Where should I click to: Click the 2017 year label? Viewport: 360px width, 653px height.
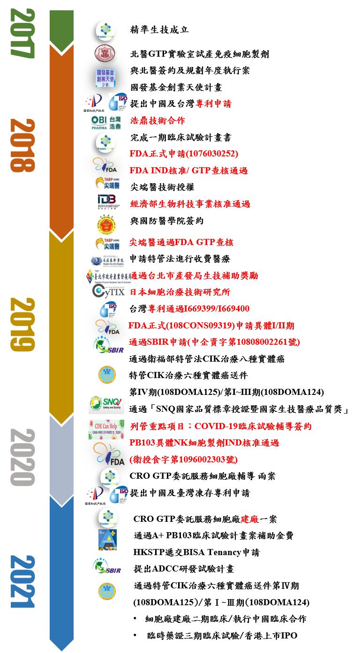22,33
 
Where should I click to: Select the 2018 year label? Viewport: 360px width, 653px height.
22,145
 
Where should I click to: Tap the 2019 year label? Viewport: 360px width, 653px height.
22,324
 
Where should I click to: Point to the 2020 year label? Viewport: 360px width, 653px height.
22,457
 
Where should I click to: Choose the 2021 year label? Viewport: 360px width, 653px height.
22,581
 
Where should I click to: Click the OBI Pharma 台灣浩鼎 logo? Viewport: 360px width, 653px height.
105,122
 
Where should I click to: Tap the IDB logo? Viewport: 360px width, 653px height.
108,201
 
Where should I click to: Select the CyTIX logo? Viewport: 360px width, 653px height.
108,291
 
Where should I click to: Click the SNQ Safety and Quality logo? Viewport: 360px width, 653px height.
106,404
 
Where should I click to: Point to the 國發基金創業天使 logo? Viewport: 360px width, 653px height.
105,78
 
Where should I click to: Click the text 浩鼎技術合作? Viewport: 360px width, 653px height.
157,121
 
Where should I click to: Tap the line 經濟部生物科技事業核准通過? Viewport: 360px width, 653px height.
190,204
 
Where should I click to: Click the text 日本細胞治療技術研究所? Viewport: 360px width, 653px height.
180,292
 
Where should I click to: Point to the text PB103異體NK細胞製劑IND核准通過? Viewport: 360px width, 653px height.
204,443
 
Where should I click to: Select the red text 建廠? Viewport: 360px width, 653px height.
250,519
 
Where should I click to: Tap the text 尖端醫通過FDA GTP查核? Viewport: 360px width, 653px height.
181,242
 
